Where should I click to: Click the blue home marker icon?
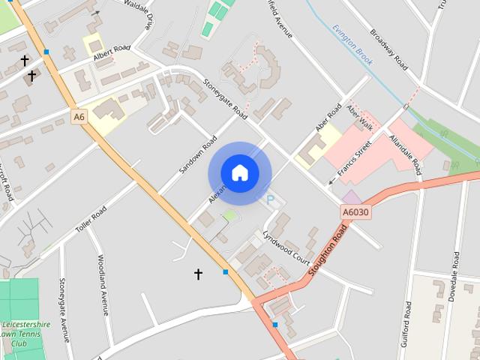pos(239,172)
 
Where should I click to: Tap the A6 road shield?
pos(79,117)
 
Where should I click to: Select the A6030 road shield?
pos(356,212)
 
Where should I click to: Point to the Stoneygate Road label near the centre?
pos(224,100)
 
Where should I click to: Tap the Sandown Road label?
pos(197,155)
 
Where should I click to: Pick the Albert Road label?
pos(112,51)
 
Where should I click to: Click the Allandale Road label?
pos(405,154)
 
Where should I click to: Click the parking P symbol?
pos(271,199)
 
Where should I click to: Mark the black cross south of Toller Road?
pos(198,274)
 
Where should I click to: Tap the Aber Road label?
pos(328,118)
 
